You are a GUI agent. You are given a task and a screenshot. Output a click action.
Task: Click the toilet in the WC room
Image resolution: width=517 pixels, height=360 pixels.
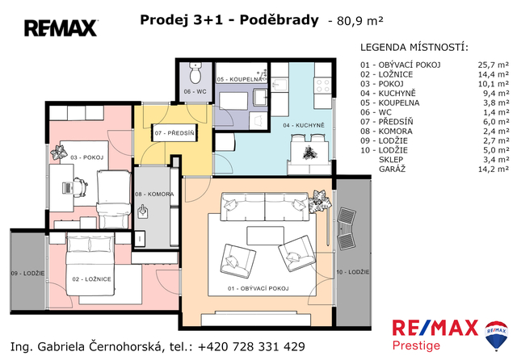pos(195,73)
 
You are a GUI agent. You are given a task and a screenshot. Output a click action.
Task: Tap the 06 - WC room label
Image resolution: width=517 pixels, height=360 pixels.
pos(195,91)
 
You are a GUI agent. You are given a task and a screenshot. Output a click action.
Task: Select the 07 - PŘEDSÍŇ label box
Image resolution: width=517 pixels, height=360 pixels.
pos(174,133)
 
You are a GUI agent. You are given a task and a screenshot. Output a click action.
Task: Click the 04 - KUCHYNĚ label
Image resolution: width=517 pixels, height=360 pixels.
pos(304,125)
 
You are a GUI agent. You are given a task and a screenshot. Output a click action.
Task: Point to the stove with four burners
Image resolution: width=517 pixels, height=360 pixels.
pos(322,86)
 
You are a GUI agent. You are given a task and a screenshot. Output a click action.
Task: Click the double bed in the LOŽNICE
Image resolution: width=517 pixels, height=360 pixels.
pos(90,264)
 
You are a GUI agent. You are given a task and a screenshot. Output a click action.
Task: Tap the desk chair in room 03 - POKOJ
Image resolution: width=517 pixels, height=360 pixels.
pos(80,188)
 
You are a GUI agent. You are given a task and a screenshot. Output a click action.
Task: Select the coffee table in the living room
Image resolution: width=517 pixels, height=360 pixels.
pos(266,236)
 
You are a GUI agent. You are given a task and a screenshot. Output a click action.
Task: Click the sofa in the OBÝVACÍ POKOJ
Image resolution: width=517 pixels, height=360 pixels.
pos(264,207)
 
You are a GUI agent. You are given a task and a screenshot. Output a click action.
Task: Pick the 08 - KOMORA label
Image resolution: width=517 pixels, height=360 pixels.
pos(154,195)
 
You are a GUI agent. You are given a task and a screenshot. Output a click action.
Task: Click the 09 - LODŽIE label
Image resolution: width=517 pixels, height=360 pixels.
pos(27,274)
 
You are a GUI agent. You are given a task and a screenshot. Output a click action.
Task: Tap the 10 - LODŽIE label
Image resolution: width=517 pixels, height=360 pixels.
pos(353,272)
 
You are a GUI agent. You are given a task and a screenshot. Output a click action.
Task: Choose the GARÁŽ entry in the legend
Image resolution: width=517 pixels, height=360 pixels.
pos(392,170)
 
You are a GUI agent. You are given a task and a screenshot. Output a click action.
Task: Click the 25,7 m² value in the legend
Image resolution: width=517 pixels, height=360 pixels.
pos(494,65)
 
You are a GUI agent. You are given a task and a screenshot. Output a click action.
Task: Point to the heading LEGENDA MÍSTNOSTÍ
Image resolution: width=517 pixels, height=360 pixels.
pos(414,48)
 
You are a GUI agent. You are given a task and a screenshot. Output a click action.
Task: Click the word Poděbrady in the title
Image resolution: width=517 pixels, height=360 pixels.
pos(279,20)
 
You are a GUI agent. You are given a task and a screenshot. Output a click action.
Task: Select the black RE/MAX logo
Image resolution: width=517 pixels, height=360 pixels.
pos(61,28)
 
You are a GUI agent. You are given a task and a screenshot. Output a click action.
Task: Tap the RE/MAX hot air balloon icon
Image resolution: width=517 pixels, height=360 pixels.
pos(496,335)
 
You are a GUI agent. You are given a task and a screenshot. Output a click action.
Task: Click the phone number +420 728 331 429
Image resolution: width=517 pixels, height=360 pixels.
pos(251,347)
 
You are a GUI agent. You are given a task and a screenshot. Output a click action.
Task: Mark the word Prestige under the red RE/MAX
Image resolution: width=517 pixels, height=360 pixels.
pos(416,345)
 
